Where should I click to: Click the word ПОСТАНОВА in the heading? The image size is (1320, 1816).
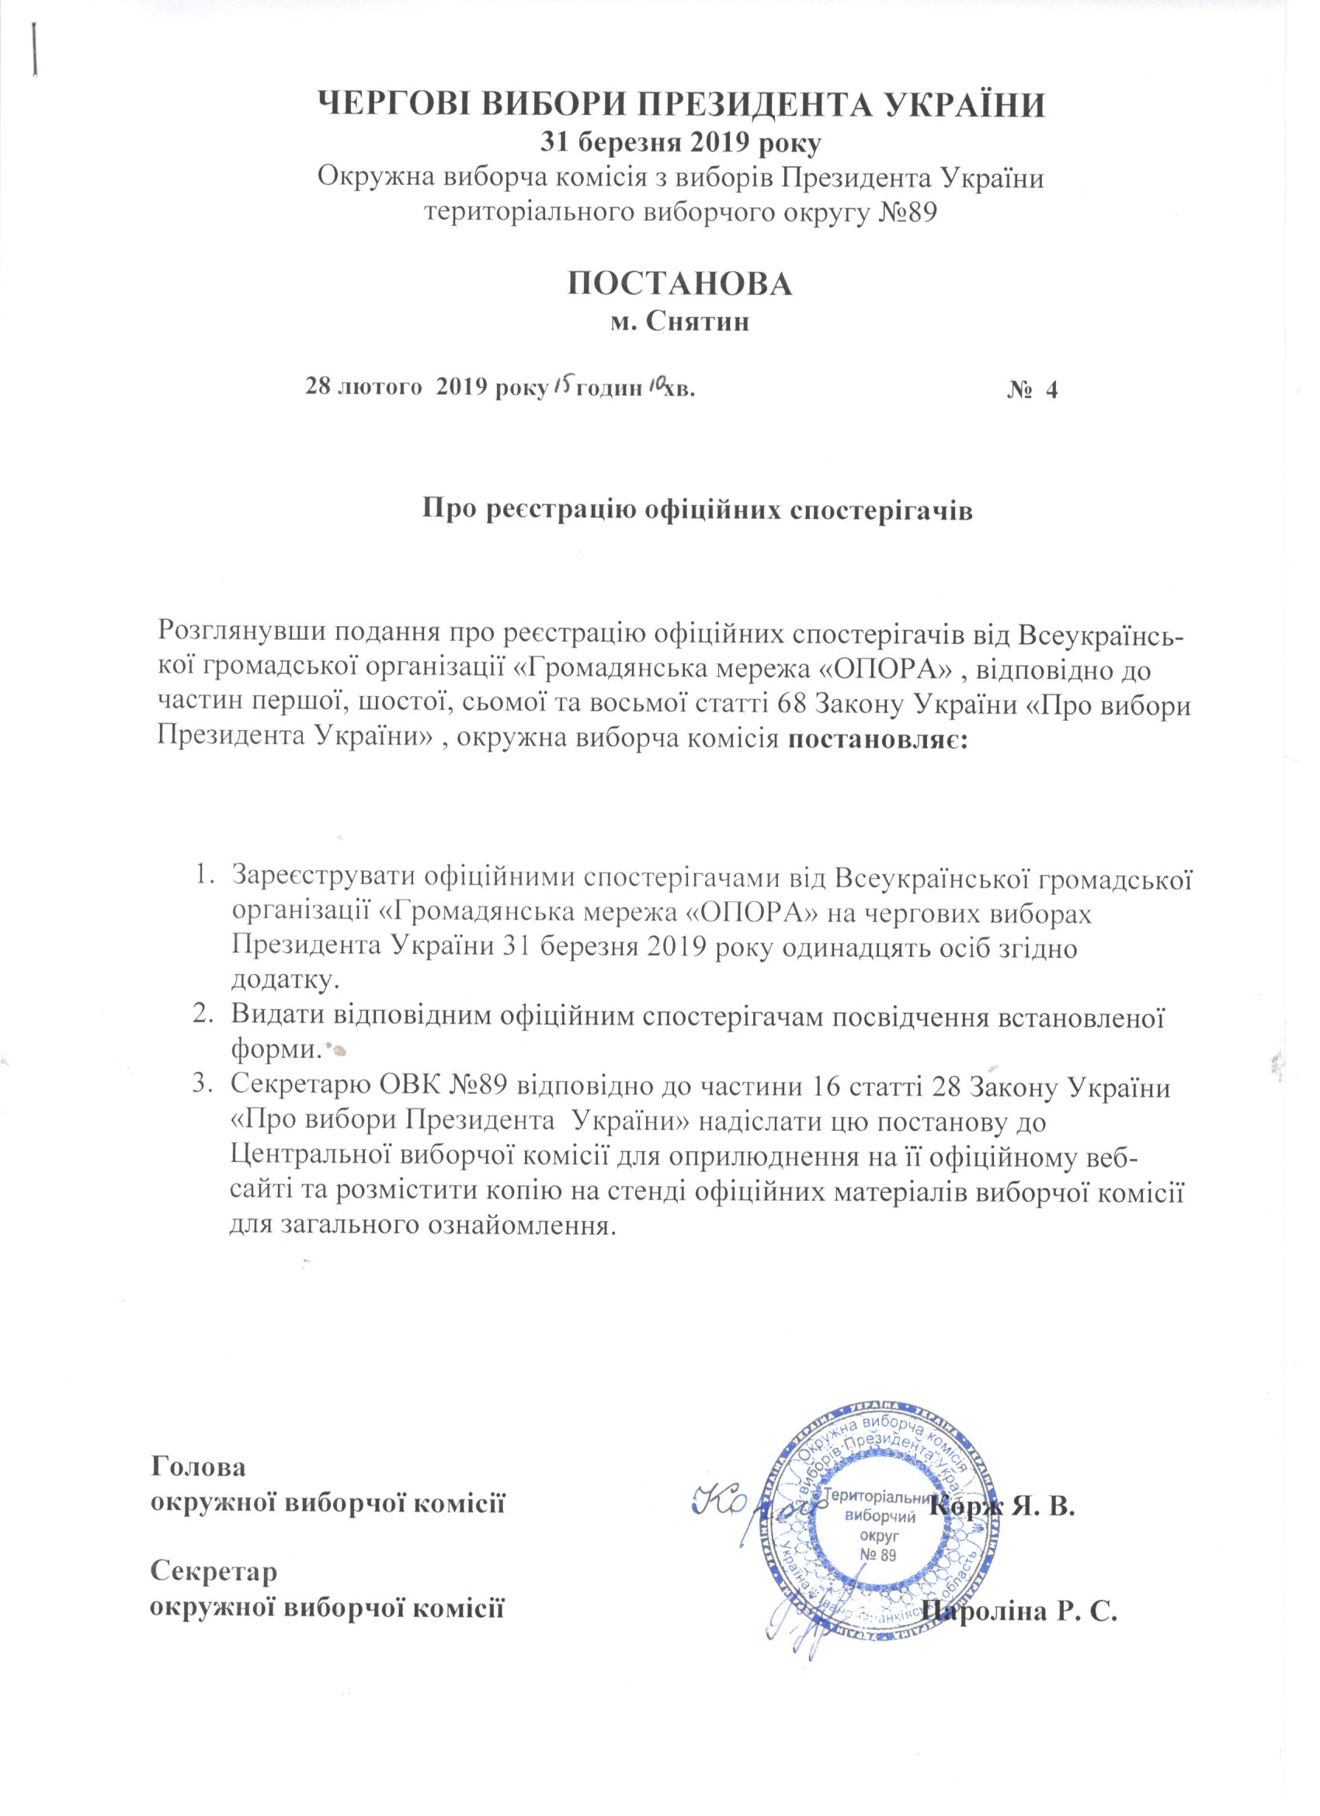point(679,284)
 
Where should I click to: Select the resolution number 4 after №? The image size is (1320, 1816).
point(1052,391)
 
